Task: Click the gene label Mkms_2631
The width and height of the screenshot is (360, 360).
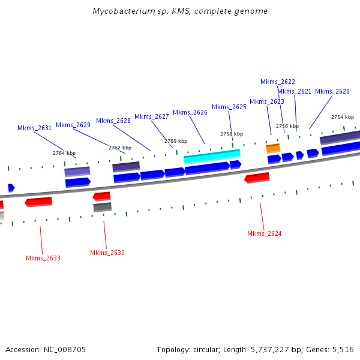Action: click(x=34, y=128)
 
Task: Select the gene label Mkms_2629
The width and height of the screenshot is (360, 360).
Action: click(x=73, y=125)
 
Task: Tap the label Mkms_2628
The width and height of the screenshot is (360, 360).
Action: click(x=113, y=121)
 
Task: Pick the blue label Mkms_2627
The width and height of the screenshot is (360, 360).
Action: click(x=152, y=116)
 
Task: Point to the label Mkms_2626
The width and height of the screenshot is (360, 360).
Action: click(x=190, y=112)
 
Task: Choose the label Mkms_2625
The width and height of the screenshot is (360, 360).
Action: click(x=229, y=107)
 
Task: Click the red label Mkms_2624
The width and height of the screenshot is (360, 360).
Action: click(x=264, y=233)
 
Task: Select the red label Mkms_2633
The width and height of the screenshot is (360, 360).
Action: click(x=43, y=258)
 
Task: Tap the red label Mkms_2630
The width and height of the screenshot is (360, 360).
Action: click(x=107, y=253)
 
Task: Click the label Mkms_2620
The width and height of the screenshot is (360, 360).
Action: click(x=332, y=91)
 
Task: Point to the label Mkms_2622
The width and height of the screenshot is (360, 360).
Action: click(x=278, y=82)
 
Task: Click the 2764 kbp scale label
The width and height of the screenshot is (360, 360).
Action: click(x=64, y=153)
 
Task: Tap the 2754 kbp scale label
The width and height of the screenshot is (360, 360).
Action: click(x=342, y=117)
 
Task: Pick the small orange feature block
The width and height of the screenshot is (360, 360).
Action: click(x=273, y=148)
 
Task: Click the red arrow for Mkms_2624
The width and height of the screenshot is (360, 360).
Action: click(x=257, y=178)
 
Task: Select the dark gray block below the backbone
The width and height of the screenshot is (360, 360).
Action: click(x=102, y=207)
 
